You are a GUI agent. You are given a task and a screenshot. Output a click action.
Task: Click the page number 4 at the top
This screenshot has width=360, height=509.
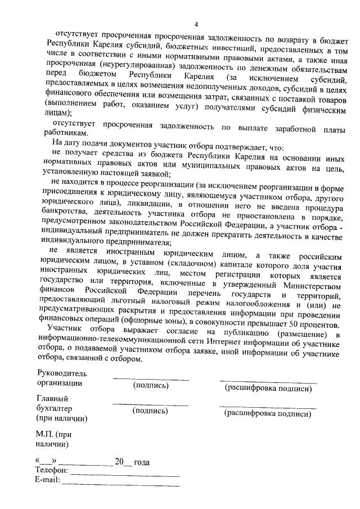click(x=196, y=24)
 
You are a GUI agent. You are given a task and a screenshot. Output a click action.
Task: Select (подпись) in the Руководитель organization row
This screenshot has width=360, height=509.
click(x=150, y=385)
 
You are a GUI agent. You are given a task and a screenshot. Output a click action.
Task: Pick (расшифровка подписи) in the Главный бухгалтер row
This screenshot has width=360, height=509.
click(x=267, y=413)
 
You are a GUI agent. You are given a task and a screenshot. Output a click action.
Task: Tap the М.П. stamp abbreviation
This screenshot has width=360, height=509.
click(x=44, y=435)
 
